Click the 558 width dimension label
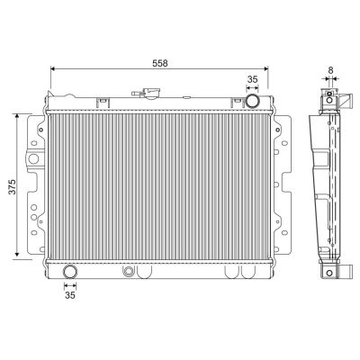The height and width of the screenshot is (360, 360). (x=160, y=63)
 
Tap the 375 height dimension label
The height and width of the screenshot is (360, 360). (x=13, y=187)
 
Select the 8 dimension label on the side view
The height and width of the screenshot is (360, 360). (x=330, y=70)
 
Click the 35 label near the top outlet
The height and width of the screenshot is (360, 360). (x=252, y=79)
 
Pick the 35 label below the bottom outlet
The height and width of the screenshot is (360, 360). (x=70, y=295)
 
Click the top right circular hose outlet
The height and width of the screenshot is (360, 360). (x=252, y=101)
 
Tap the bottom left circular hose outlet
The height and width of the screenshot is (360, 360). (x=70, y=272)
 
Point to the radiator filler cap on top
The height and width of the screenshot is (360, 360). (x=152, y=93)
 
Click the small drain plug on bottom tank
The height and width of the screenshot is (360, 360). (x=129, y=271)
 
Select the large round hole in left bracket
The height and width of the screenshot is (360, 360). (x=33, y=158)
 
